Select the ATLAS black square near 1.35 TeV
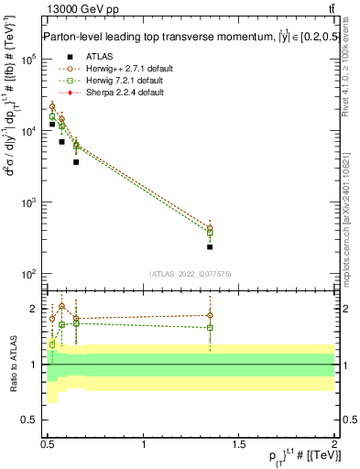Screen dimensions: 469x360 210,246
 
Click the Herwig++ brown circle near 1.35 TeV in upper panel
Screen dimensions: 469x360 210,228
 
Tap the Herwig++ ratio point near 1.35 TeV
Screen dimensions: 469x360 210,315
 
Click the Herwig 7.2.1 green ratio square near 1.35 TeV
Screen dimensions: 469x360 210,327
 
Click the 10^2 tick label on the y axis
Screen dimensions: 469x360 29,274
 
